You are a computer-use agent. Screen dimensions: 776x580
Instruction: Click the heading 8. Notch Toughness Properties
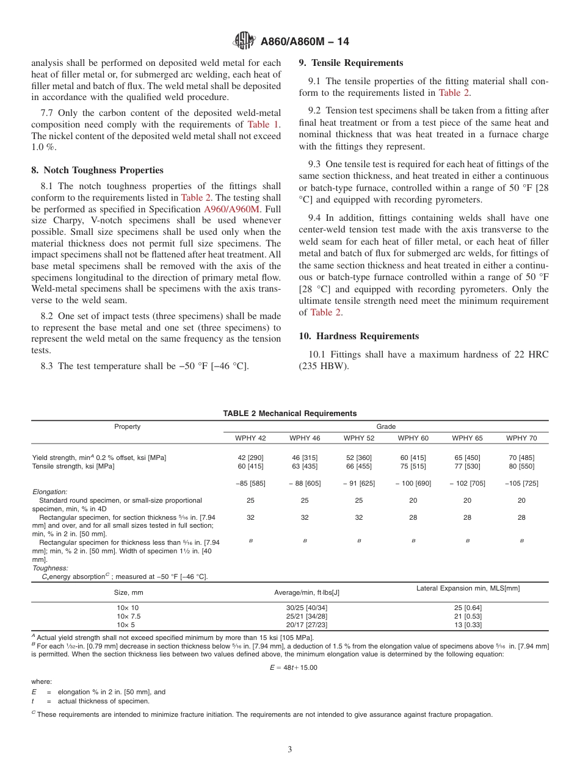[x=97, y=170]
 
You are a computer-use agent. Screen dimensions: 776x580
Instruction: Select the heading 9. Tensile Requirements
[x=350, y=63]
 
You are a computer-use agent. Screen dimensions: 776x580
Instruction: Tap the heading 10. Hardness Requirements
[x=358, y=336]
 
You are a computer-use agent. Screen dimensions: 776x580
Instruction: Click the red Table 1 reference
[x=264, y=124]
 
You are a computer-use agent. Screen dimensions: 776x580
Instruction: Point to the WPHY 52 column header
[x=358, y=438]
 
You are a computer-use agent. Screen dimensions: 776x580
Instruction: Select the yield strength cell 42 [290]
[x=250, y=458]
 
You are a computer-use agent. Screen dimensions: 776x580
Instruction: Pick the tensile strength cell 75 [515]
[x=413, y=466]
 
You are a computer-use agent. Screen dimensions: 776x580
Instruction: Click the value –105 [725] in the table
[x=521, y=483]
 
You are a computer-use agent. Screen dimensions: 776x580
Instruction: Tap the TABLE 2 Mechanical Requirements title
[x=289, y=414]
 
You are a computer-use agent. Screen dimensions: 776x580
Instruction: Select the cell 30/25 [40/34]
[x=306, y=608]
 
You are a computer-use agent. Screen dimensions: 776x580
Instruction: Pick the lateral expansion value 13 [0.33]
[x=467, y=625]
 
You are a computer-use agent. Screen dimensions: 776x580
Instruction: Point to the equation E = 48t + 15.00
[x=293, y=667]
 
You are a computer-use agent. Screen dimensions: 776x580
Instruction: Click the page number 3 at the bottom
[x=289, y=750]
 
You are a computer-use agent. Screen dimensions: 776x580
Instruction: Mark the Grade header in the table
[x=386, y=426]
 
